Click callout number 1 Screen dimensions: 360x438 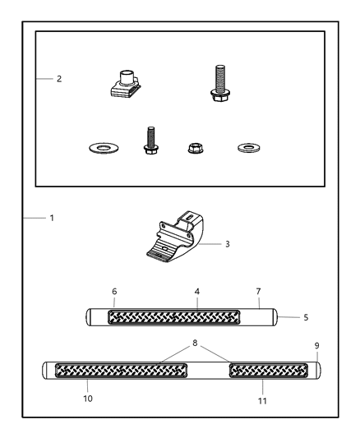click(x=52, y=218)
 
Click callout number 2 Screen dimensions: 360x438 click(x=59, y=79)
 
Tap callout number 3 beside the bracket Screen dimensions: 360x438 click(x=228, y=244)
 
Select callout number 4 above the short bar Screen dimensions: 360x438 click(x=197, y=292)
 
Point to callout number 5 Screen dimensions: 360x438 click(x=306, y=317)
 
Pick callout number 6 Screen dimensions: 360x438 click(x=114, y=292)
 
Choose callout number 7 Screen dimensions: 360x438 click(x=258, y=292)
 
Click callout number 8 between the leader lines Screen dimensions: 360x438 click(x=195, y=343)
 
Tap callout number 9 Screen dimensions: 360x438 click(x=316, y=346)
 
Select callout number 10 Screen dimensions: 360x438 click(x=88, y=399)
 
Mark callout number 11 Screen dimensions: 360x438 click(x=262, y=401)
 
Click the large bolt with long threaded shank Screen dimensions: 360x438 click(x=220, y=83)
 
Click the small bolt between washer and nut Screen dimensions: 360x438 click(x=150, y=141)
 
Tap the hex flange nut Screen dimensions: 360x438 click(x=196, y=148)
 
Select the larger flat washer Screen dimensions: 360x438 click(x=104, y=147)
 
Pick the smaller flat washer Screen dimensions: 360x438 click(x=248, y=147)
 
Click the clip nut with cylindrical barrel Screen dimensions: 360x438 click(x=125, y=84)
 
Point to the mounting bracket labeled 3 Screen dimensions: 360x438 click(x=175, y=237)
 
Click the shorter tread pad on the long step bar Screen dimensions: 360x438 click(x=269, y=371)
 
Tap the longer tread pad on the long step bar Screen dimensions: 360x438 click(x=121, y=371)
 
